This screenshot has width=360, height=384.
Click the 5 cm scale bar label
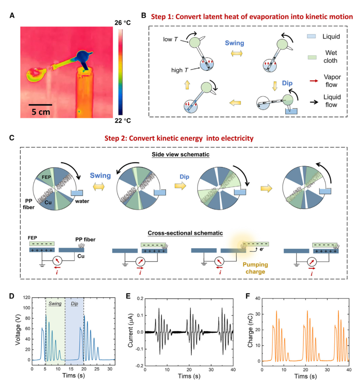click(41, 112)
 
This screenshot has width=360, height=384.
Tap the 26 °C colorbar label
click(123, 23)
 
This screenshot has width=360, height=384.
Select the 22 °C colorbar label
click(123, 120)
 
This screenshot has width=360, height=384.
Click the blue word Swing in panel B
click(235, 43)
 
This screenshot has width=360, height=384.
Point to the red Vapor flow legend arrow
click(314, 81)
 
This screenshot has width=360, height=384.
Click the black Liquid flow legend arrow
click(314, 102)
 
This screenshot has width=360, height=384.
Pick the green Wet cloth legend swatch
click(312, 57)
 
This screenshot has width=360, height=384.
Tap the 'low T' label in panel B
click(170, 39)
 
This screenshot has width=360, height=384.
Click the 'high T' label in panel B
click(180, 70)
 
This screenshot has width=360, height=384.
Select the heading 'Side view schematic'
click(181, 154)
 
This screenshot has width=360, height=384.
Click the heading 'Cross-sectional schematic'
click(185, 233)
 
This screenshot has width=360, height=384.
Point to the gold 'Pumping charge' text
click(255, 268)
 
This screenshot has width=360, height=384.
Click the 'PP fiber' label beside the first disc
click(29, 204)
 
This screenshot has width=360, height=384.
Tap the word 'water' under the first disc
click(82, 201)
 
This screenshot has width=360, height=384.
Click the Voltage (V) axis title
click(18, 330)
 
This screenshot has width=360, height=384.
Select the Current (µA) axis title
click(130, 330)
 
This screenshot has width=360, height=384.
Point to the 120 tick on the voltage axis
click(27, 297)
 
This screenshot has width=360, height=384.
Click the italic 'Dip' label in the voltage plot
click(74, 304)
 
